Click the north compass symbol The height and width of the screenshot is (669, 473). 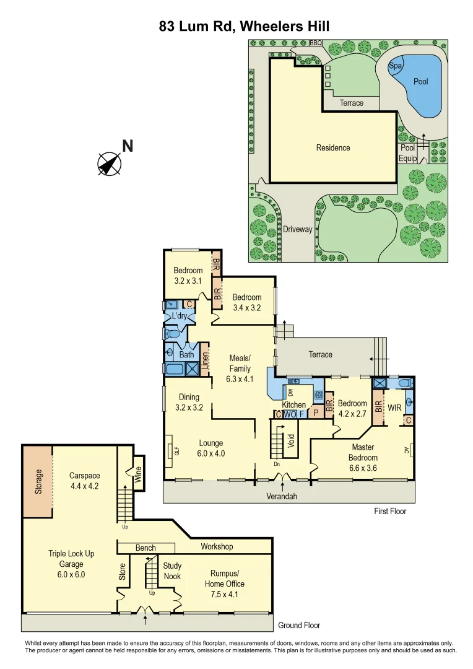pyautogui.click(x=110, y=163)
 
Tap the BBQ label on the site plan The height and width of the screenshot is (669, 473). pyautogui.click(x=316, y=43)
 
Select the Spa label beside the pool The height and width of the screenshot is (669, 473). pyautogui.click(x=394, y=66)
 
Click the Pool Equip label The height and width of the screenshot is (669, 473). pyautogui.click(x=408, y=153)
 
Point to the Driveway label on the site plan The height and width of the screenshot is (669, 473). pyautogui.click(x=298, y=229)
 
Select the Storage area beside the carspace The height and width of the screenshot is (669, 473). pyautogui.click(x=38, y=482)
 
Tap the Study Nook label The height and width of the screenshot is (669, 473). pyautogui.click(x=172, y=571)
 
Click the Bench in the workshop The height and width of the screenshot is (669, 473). pyautogui.click(x=145, y=548)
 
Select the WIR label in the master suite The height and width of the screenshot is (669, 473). pyautogui.click(x=395, y=408)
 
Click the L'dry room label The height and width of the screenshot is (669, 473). pyautogui.click(x=179, y=316)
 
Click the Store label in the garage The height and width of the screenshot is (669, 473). pyautogui.click(x=122, y=571)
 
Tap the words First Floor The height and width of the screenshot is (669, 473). pyautogui.click(x=390, y=511)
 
